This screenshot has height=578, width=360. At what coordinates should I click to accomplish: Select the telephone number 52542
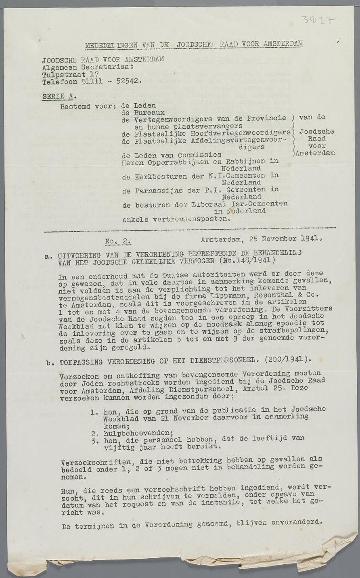point(128,81)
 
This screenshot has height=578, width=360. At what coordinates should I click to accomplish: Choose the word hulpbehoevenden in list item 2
point(131,433)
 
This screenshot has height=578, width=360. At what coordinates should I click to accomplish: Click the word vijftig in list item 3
point(117,447)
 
